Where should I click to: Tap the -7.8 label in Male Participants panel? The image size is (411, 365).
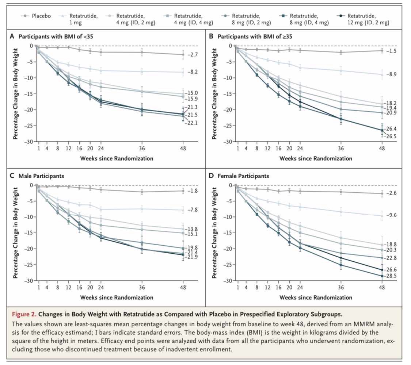(192, 210)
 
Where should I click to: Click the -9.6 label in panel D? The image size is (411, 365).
(391, 215)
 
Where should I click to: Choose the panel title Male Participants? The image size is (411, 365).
(41, 176)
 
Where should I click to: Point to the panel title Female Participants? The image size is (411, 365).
(243, 176)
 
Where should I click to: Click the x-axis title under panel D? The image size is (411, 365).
(316, 297)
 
